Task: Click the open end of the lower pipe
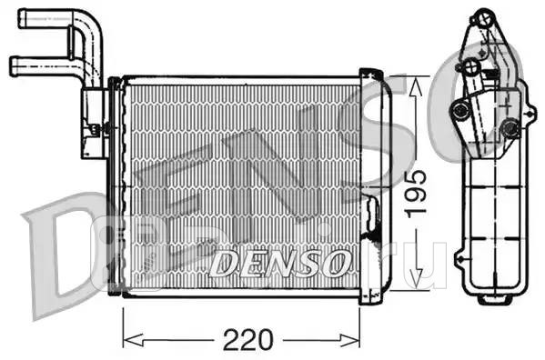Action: (13, 65)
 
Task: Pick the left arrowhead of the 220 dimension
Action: (126, 339)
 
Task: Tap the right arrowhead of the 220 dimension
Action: (358, 339)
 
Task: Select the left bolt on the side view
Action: (461, 111)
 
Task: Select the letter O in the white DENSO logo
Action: (333, 263)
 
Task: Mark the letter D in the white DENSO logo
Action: (224, 263)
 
